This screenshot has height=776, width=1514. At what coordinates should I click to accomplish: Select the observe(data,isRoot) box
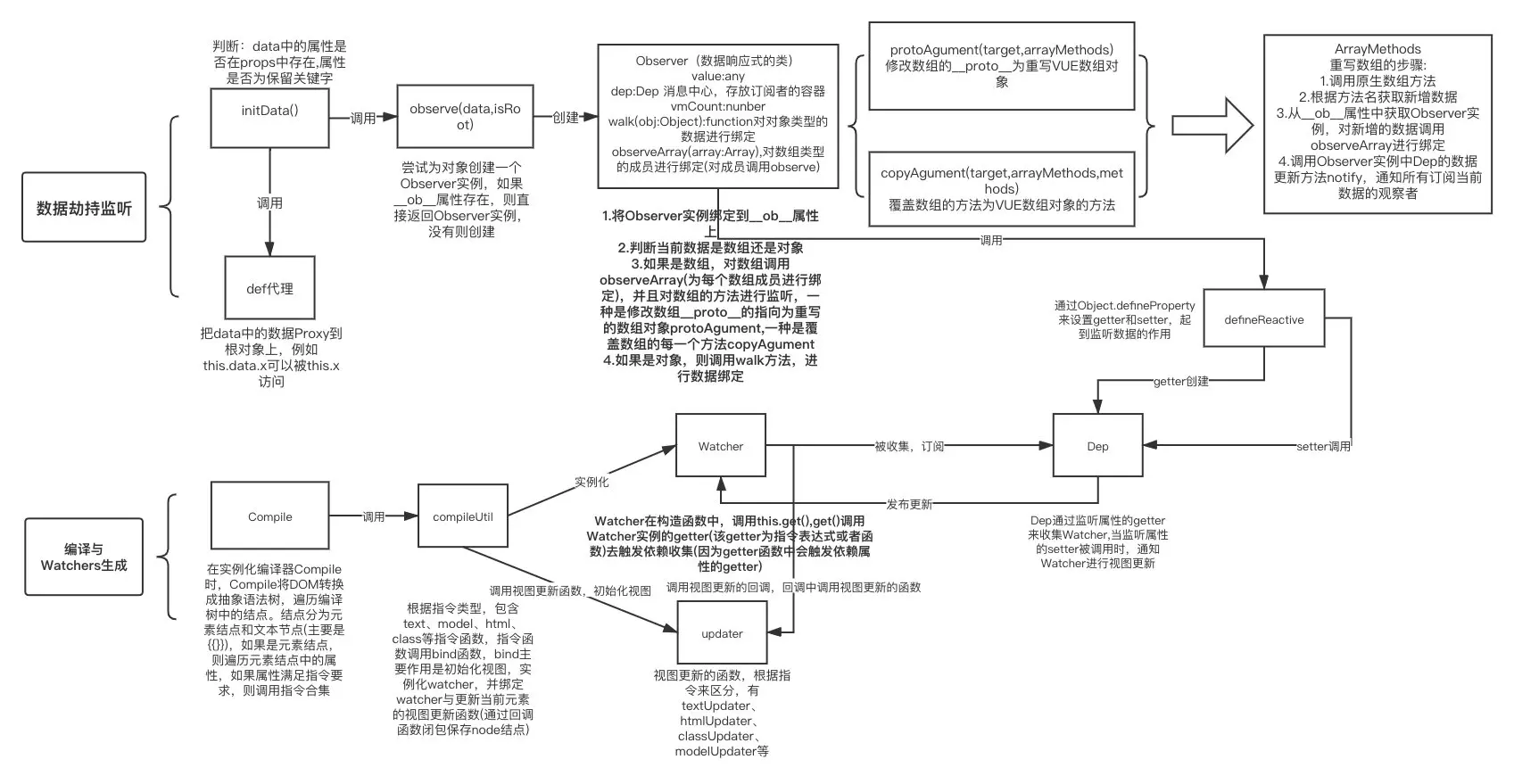[465, 117]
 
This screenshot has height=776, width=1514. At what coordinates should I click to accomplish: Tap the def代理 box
[269, 288]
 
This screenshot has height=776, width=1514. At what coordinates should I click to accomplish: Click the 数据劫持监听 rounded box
[84, 208]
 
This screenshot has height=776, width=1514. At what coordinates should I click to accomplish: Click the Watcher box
[720, 446]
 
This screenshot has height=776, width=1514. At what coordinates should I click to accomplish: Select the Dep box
[1097, 446]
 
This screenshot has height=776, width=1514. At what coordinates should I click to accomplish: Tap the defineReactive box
[1263, 319]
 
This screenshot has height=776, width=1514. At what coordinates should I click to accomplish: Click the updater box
[722, 633]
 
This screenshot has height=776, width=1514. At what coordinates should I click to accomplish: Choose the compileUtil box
[462, 516]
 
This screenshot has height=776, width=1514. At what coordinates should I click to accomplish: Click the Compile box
[269, 516]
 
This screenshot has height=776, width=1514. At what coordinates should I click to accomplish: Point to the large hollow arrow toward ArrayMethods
[1212, 125]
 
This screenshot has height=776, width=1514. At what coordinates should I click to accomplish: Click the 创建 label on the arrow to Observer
[566, 118]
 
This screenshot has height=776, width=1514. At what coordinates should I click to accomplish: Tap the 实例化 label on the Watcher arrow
[592, 482]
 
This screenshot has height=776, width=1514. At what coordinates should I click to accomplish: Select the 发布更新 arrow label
[908, 504]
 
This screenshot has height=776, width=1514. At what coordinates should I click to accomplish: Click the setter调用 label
[1323, 446]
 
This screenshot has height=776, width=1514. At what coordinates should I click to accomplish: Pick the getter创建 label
[1180, 382]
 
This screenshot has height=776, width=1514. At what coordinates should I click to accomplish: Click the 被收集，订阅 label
[908, 446]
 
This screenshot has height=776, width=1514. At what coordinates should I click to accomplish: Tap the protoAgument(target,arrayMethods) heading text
[1001, 50]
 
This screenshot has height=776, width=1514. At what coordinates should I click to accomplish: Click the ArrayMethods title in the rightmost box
[1377, 49]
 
